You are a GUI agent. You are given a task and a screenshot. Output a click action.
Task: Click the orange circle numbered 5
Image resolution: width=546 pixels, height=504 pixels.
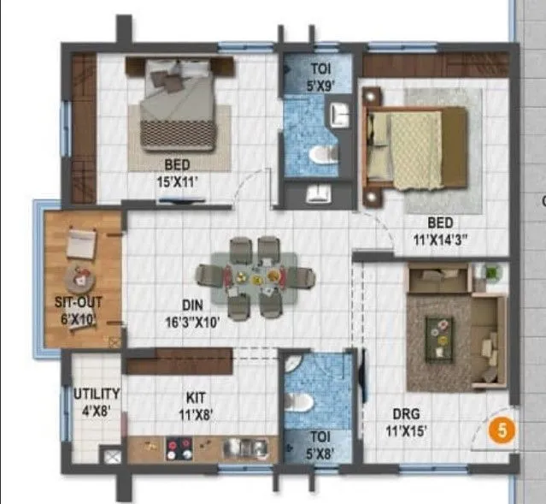(x=502, y=431)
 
